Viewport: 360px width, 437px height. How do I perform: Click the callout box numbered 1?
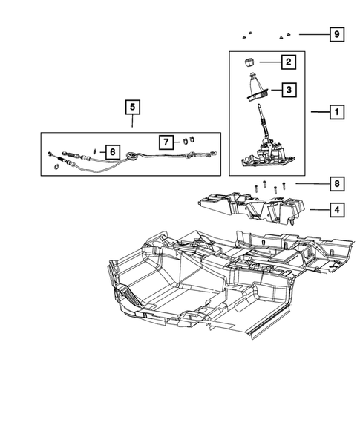336,113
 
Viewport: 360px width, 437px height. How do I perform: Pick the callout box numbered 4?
336,210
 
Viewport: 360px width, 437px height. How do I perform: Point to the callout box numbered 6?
112,151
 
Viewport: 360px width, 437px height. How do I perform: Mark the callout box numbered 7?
167,140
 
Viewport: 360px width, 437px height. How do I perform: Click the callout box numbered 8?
336,183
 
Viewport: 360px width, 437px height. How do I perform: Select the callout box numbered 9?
336,35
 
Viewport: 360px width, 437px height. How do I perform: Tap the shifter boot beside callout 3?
257,90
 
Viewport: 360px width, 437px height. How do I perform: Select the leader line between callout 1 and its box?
318,113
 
